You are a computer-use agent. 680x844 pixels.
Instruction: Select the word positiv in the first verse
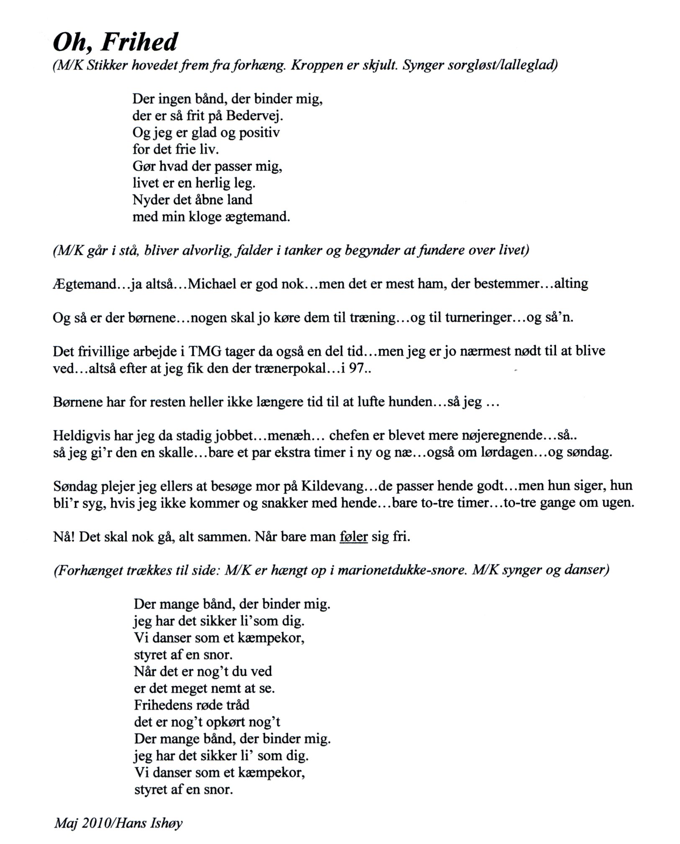(259, 133)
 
